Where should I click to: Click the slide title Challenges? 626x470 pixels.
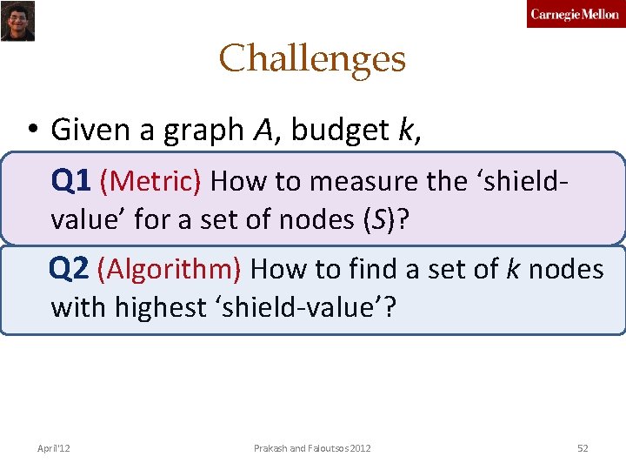coord(312,59)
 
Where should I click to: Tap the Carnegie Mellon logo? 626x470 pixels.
coord(575,15)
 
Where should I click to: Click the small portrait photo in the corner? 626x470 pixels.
coord(17,21)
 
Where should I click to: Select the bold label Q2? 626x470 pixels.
coord(70,269)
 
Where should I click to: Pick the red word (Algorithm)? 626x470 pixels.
coord(170,269)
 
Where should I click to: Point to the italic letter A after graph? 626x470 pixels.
coord(263,131)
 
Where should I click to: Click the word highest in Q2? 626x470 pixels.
coord(159,306)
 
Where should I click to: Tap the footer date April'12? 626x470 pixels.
coord(54,448)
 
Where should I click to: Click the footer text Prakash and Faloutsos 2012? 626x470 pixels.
coord(312,448)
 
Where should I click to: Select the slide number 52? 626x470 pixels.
coord(583,448)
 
